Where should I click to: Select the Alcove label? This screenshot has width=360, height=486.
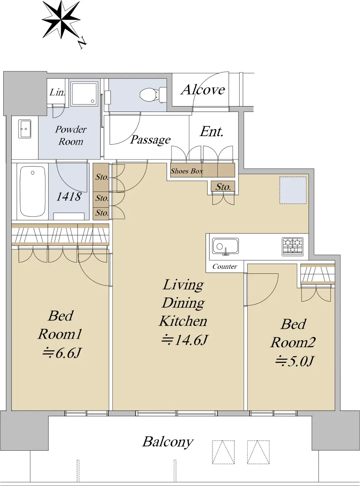click(x=203, y=90)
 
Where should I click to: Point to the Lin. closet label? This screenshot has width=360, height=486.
click(x=57, y=92)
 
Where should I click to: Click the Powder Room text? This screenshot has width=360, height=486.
click(x=71, y=135)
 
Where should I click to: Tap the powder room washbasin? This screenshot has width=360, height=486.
click(x=24, y=129)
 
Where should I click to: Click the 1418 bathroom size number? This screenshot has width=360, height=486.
click(x=69, y=196)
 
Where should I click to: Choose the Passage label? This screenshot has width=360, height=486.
click(x=150, y=140)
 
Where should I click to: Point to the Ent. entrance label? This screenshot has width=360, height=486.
click(x=211, y=132)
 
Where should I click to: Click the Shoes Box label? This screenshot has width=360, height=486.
click(x=187, y=171)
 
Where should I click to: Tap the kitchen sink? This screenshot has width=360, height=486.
click(x=225, y=246)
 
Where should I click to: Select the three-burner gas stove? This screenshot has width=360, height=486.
click(x=292, y=247)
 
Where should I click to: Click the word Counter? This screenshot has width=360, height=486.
click(x=225, y=266)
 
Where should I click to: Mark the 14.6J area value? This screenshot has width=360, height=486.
click(x=184, y=340)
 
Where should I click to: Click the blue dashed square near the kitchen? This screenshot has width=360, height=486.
click(x=293, y=190)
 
